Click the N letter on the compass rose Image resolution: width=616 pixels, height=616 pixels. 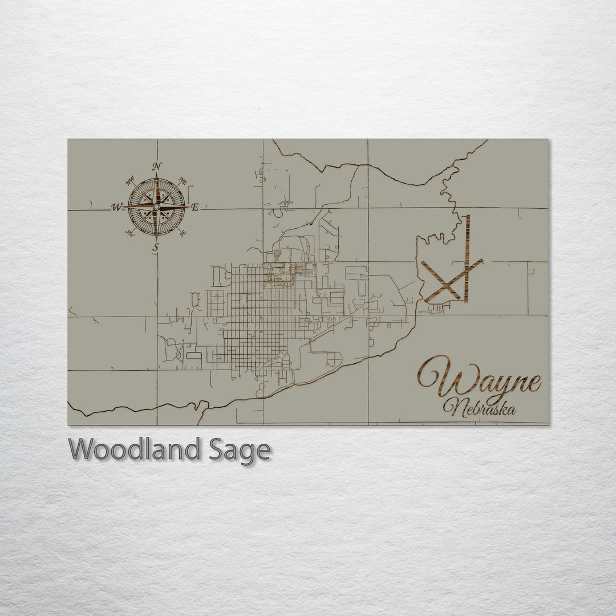tap(156, 167)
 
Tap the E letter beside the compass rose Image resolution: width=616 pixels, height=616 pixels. tap(194, 208)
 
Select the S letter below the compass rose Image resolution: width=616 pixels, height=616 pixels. tap(156, 248)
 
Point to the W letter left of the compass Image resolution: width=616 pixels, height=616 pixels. tap(116, 208)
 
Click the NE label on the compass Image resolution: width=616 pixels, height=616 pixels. tap(183, 181)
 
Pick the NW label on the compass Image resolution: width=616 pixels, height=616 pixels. tap(129, 181)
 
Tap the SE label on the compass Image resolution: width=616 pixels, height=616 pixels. tap(182, 233)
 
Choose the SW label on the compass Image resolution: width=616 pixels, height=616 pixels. tap(130, 233)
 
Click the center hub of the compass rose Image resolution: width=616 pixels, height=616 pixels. tap(156, 206)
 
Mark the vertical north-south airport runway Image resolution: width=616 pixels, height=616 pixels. tap(467, 258)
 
